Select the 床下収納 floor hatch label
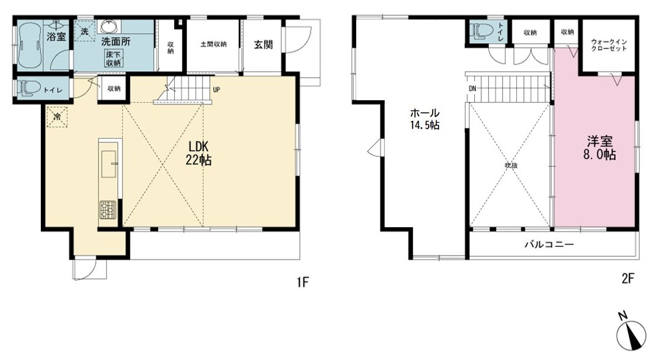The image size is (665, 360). (x=113, y=58)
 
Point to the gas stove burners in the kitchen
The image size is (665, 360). (x=107, y=209)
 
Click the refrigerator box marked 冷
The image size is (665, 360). (x=57, y=116)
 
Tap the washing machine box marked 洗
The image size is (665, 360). (x=85, y=31)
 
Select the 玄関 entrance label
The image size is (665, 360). (x=263, y=44)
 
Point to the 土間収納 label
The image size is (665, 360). (x=213, y=44)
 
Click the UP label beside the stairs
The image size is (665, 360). (x=216, y=90)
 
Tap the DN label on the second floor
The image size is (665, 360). (x=472, y=89)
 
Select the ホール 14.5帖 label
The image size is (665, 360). (x=424, y=119)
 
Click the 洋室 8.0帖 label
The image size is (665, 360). (x=600, y=148)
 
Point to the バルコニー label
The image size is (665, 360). (x=549, y=244)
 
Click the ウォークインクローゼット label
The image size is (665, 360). (x=609, y=46)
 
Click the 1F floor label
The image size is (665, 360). (x=302, y=282)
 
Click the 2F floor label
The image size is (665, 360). (x=628, y=279)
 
